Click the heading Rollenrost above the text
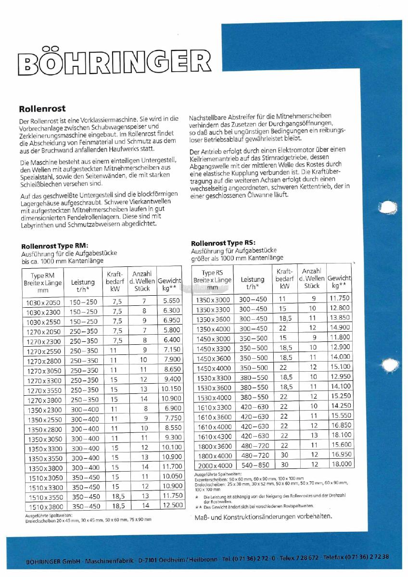[42, 109]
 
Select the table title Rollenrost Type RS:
[223, 243]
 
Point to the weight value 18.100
[341, 435]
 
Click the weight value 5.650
[171, 301]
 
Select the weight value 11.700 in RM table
[172, 466]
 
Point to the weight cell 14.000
[341, 357]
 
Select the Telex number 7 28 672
[306, 557]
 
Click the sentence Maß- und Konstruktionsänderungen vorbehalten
[263, 516]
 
